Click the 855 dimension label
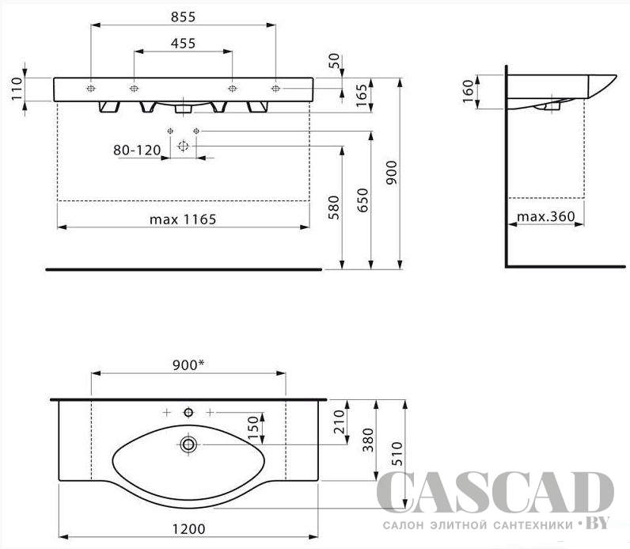(183, 17)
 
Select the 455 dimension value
(183, 43)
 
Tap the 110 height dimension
(17, 90)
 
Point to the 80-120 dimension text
(137, 150)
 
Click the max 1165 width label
(183, 219)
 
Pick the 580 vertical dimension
(334, 207)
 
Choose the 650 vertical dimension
(362, 200)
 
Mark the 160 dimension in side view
(469, 91)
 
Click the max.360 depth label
(546, 216)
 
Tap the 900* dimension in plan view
(188, 364)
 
